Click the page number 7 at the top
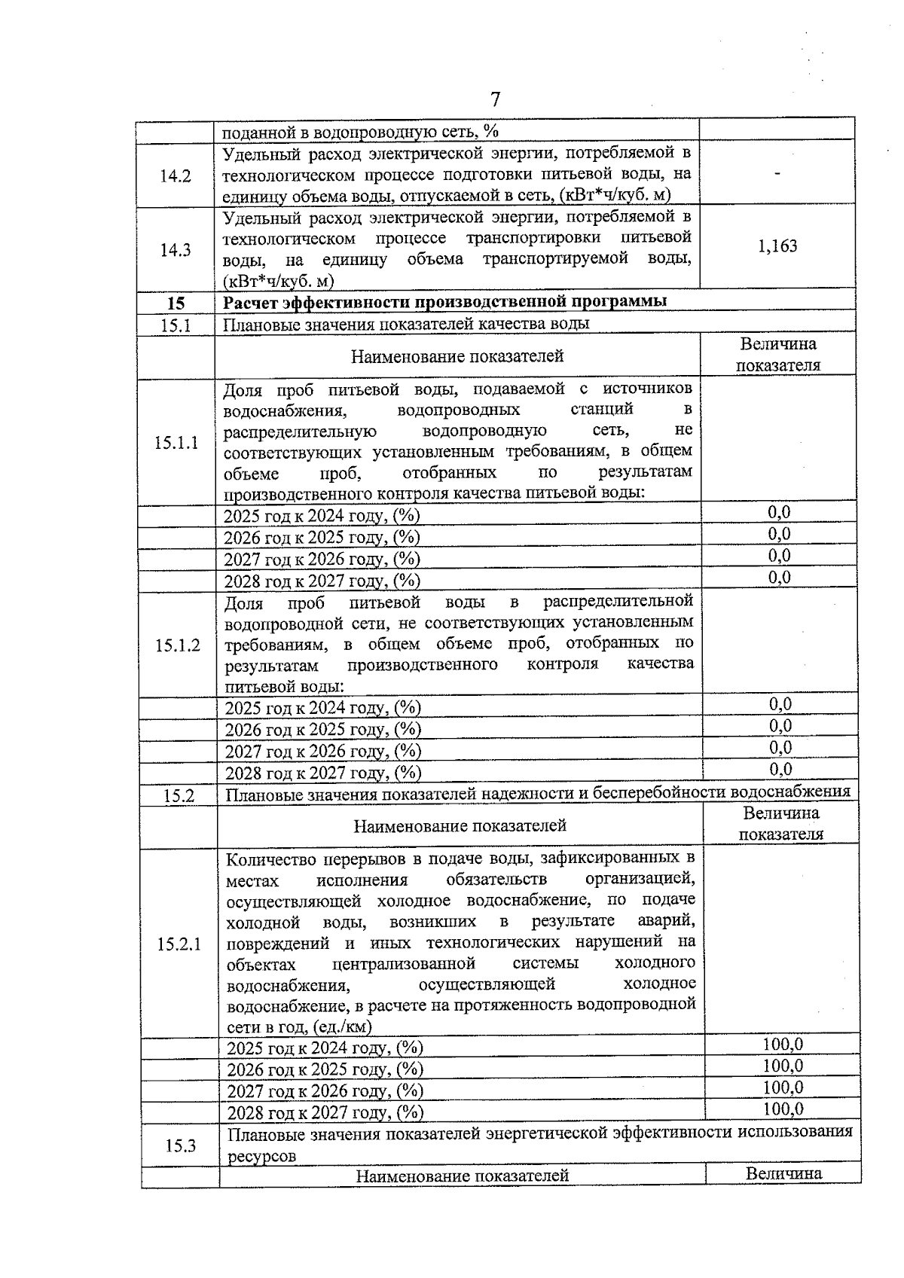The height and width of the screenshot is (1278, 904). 495,99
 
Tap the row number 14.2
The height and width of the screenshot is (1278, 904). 176,176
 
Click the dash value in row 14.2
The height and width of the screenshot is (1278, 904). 777,173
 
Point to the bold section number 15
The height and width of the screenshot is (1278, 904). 176,303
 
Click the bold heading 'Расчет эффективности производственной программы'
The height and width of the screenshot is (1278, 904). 444,302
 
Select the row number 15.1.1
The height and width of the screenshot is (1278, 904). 176,442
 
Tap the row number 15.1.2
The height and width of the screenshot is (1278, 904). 178,645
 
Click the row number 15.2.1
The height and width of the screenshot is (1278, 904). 179,944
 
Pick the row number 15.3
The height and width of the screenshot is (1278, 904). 181,1145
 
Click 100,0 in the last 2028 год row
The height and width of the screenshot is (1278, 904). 783,1109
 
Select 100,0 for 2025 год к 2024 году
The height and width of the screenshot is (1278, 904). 783,1044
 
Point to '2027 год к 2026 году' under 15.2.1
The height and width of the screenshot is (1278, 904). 325,1091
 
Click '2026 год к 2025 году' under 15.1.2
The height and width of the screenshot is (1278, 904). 322,729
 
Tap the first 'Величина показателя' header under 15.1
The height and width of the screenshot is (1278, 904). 777,355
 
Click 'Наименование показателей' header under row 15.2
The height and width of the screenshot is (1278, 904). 460,826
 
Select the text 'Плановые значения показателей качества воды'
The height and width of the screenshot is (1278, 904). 406,324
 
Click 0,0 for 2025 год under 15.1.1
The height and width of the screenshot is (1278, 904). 779,512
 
